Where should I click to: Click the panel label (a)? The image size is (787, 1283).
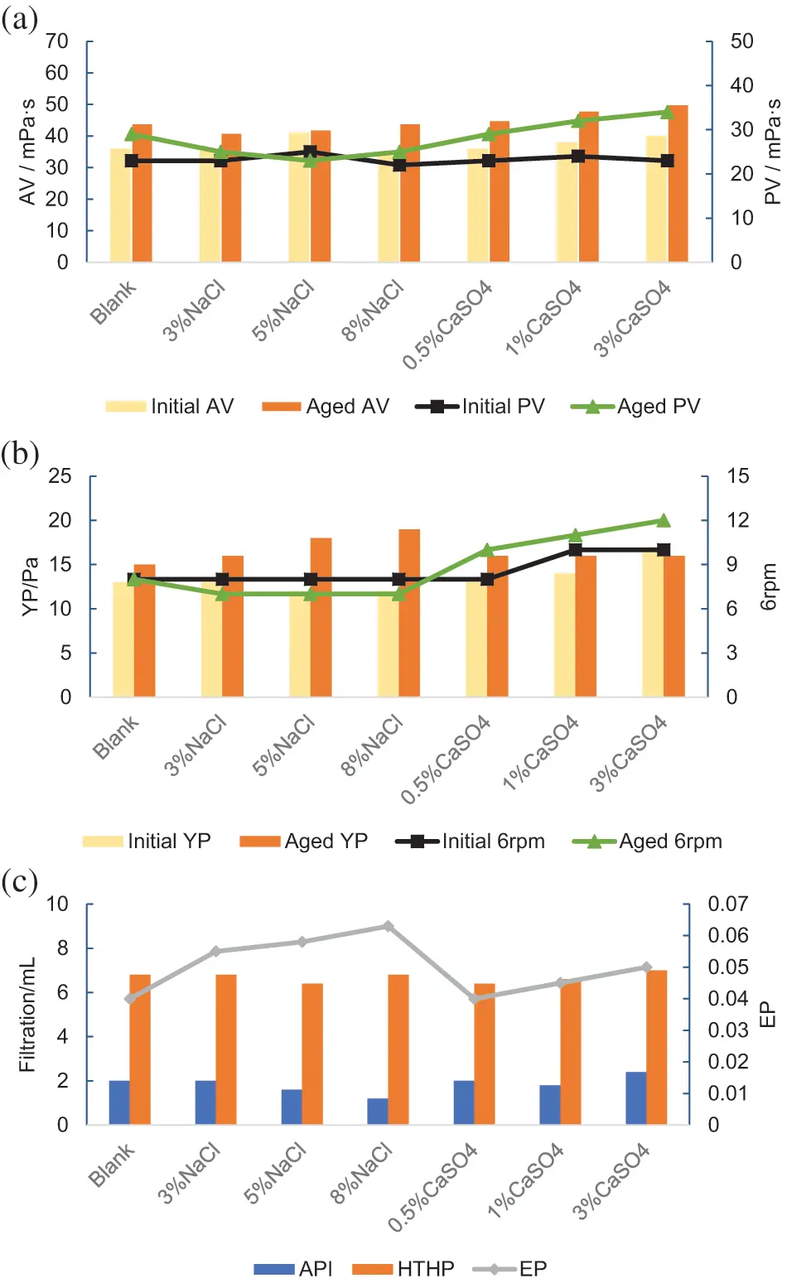20,19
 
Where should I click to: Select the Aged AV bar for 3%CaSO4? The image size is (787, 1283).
678,184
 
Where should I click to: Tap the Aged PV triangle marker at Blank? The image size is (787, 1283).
132,134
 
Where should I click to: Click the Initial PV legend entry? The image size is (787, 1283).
480,407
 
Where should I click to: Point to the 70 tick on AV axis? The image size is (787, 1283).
56,41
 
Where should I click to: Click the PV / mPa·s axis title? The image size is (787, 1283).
772,152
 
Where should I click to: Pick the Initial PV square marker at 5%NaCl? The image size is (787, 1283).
310,152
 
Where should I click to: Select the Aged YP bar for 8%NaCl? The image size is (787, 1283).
409,613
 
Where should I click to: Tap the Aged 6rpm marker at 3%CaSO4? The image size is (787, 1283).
664,520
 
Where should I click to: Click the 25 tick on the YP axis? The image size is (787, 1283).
60,476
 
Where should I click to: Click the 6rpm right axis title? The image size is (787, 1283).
769,587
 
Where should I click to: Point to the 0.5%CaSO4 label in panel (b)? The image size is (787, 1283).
447,760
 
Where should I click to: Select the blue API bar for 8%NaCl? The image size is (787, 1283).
378,1112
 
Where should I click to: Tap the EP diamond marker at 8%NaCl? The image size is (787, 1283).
388,926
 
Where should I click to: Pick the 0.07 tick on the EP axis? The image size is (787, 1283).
727,904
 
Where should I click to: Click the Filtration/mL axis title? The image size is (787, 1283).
27,1015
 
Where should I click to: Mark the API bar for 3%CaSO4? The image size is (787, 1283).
636,1098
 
